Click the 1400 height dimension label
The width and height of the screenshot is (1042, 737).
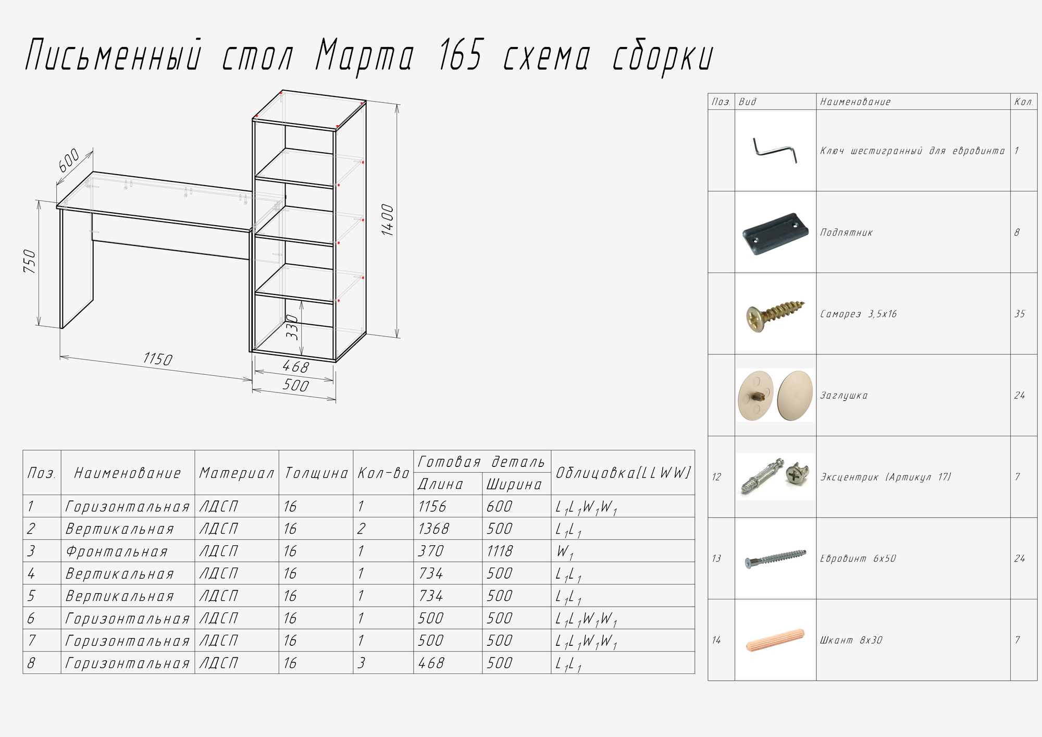pyautogui.click(x=388, y=220)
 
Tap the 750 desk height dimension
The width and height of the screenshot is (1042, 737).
pyautogui.click(x=30, y=262)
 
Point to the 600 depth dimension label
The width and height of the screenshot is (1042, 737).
pyautogui.click(x=69, y=160)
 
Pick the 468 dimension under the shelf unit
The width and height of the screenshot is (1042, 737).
pyautogui.click(x=295, y=367)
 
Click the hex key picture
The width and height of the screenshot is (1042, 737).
pyautogui.click(x=775, y=150)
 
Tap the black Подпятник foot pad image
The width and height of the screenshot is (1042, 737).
pyautogui.click(x=775, y=232)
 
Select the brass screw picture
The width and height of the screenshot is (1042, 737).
pyautogui.click(x=775, y=314)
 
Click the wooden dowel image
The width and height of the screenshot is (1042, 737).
pyautogui.click(x=775, y=640)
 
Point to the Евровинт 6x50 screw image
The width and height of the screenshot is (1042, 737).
pyautogui.click(x=775, y=559)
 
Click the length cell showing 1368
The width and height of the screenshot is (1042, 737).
pyautogui.click(x=433, y=529)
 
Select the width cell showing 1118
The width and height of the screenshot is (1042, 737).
pyautogui.click(x=500, y=551)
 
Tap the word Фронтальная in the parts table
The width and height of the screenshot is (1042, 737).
pyautogui.click(x=117, y=551)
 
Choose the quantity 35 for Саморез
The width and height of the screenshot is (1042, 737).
pyautogui.click(x=1020, y=314)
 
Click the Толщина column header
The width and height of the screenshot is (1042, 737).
pyautogui.click(x=316, y=473)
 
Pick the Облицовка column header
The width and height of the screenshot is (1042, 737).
pyautogui.click(x=623, y=473)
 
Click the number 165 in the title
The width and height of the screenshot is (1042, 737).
pyautogui.click(x=460, y=55)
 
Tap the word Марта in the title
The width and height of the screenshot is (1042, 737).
pyautogui.click(x=365, y=56)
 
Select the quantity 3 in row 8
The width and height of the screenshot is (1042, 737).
pyautogui.click(x=362, y=663)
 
